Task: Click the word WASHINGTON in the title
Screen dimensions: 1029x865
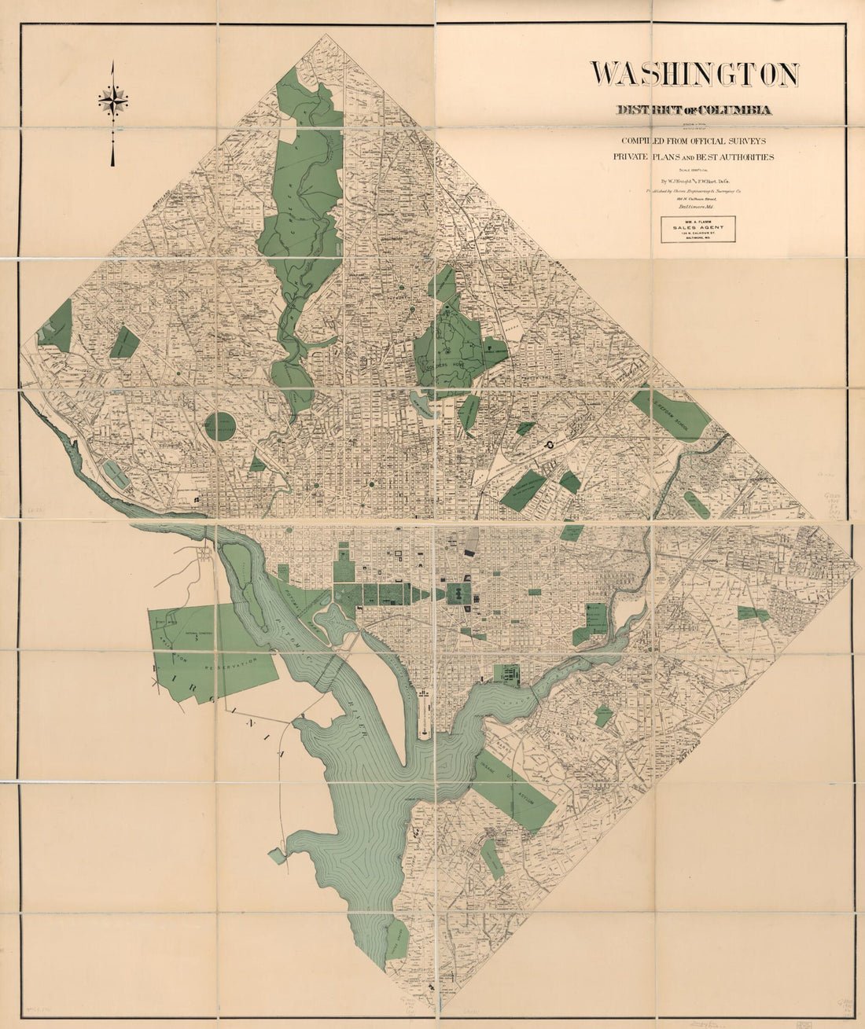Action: [694, 74]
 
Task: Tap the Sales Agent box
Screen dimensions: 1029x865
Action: [698, 229]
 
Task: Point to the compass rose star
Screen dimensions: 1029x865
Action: [113, 101]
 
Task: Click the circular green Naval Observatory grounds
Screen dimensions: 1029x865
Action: [220, 428]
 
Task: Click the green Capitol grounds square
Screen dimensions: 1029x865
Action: [456, 594]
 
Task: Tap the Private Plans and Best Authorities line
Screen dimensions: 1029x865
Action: [693, 157]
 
